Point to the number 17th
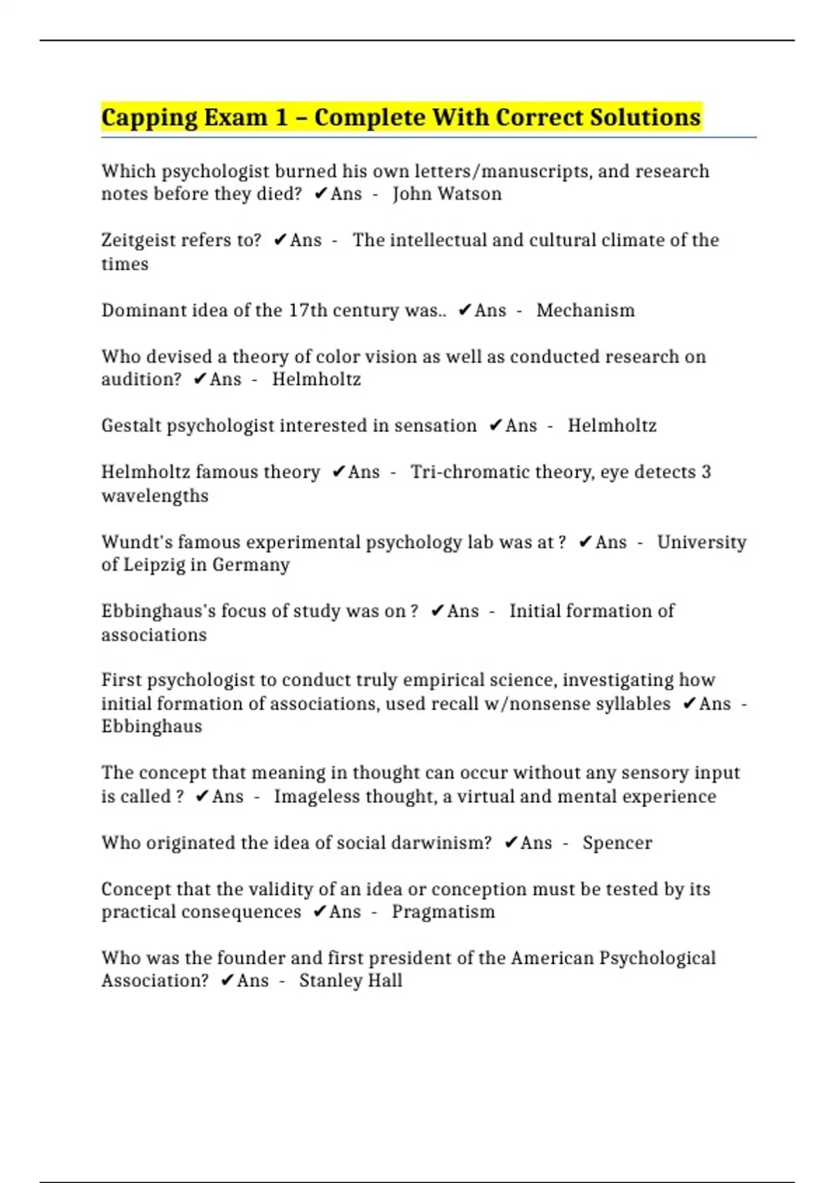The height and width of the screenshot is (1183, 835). click(x=308, y=310)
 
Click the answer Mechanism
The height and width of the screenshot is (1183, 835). click(x=585, y=310)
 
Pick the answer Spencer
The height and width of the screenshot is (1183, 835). click(x=617, y=843)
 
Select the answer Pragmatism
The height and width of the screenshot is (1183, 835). click(x=443, y=912)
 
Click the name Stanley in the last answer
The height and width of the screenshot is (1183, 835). click(x=327, y=981)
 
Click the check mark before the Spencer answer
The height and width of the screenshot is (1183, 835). click(x=511, y=843)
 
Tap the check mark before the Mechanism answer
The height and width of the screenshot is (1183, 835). click(x=465, y=310)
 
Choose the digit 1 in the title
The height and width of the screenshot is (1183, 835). click(x=281, y=118)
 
